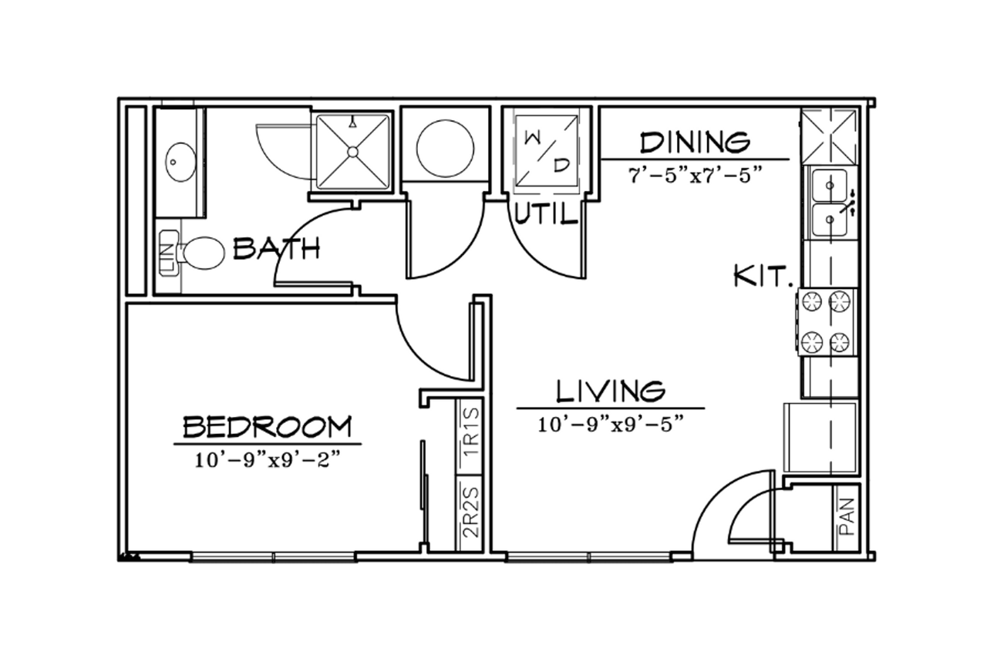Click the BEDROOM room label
click(x=268, y=426)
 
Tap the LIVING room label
click(x=611, y=391)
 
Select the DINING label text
click(x=695, y=143)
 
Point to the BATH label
click(x=276, y=248)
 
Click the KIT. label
click(x=763, y=277)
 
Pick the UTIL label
click(x=546, y=215)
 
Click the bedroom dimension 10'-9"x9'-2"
click(x=268, y=461)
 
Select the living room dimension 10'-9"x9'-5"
click(x=611, y=425)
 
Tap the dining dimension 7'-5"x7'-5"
click(x=696, y=176)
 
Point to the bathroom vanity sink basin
click(x=180, y=162)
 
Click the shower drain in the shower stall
click(x=352, y=152)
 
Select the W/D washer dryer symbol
click(x=547, y=150)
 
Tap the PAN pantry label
click(x=847, y=517)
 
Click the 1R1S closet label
click(x=470, y=433)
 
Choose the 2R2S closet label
click(x=470, y=513)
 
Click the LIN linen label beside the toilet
click(x=169, y=254)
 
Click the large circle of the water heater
click(x=446, y=149)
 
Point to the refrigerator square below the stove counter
click(x=820, y=437)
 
